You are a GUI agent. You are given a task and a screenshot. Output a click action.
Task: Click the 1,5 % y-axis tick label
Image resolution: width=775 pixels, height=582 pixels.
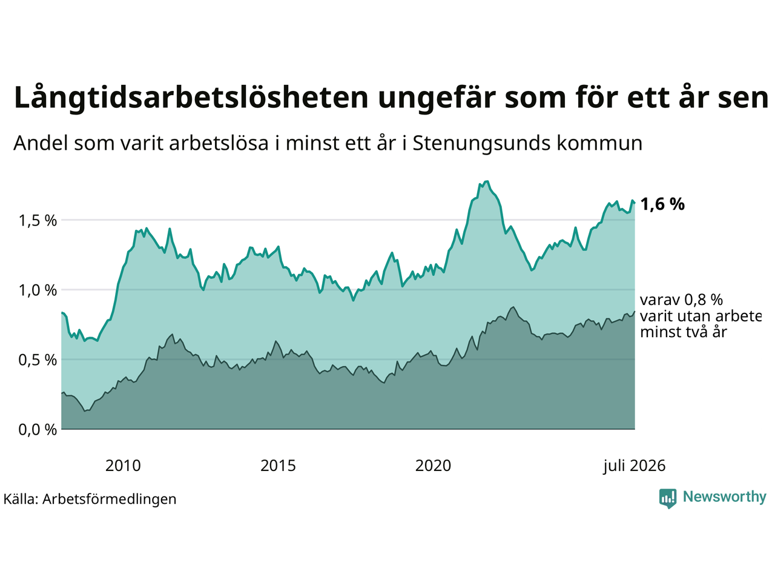click(x=38, y=221)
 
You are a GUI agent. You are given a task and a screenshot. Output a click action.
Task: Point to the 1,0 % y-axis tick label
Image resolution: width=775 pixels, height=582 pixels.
click(x=38, y=290)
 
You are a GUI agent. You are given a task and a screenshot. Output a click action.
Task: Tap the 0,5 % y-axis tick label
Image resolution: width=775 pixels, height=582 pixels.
click(x=38, y=360)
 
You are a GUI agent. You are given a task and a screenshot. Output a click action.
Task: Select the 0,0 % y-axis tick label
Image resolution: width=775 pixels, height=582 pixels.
click(x=38, y=430)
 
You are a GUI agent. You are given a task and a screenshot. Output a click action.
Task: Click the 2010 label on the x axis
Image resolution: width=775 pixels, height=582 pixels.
click(x=123, y=466)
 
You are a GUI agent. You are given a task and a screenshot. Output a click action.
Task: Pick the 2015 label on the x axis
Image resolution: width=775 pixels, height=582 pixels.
click(x=278, y=466)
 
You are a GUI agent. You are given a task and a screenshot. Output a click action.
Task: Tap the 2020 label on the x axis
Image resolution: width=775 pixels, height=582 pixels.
click(x=433, y=466)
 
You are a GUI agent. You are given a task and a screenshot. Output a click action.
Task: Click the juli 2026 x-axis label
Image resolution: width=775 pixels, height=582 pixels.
click(x=634, y=466)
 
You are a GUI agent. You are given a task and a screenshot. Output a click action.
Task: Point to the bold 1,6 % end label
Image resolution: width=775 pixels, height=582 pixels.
click(x=662, y=204)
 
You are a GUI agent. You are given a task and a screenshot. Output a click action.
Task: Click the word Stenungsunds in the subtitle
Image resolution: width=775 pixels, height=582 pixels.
click(x=481, y=144)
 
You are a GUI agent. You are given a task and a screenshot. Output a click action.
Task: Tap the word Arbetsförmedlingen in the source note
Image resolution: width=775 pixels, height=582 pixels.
click(x=109, y=499)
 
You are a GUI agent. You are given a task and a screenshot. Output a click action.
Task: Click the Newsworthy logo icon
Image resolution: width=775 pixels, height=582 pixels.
click(x=668, y=498)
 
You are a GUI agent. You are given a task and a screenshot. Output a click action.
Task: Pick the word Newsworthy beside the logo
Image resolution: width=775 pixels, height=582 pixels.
click(x=725, y=497)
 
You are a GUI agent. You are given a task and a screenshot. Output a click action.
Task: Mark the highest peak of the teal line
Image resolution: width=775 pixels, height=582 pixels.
click(x=487, y=181)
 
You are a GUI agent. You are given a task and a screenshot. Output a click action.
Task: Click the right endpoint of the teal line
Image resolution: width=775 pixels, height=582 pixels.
click(x=635, y=203)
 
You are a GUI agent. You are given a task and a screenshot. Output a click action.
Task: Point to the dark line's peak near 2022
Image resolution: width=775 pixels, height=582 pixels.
click(x=513, y=307)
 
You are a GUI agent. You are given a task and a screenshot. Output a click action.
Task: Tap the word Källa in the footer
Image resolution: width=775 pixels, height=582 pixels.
click(x=21, y=499)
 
